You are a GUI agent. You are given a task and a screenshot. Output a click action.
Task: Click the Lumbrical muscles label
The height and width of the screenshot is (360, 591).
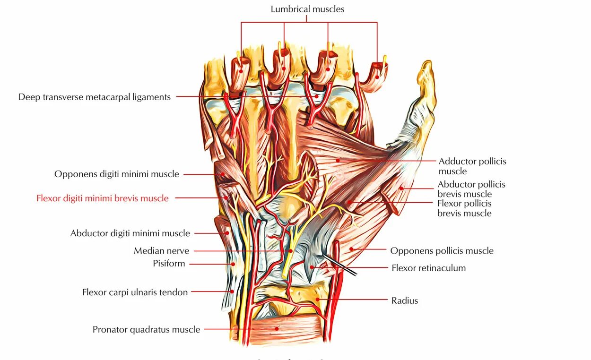coord(307,9)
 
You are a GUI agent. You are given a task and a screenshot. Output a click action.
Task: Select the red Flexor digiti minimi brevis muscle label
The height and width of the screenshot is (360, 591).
coord(102,198)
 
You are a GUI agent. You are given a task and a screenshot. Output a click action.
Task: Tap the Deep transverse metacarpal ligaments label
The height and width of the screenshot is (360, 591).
coord(94,97)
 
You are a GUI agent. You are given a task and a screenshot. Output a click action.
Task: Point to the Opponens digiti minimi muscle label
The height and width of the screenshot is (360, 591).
coord(116,174)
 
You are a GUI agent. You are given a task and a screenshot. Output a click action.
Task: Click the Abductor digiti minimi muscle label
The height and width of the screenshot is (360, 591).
coord(130,233)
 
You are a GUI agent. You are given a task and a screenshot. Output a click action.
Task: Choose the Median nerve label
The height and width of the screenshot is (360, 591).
coord(161,251)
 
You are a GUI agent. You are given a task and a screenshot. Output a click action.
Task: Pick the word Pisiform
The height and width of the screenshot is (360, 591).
coord(169,264)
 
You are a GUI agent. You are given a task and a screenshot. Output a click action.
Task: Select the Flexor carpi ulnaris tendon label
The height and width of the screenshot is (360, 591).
coord(135,292)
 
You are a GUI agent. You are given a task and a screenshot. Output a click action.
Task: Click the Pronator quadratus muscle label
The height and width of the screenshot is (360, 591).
coord(146,329)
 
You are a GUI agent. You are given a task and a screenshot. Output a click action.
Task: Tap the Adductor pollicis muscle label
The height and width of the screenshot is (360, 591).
coord(472,166)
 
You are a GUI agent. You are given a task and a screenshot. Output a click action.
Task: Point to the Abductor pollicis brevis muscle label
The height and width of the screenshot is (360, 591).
coord(471,189)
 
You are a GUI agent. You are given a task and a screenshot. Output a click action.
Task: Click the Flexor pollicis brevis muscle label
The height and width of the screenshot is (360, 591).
coord(464,208)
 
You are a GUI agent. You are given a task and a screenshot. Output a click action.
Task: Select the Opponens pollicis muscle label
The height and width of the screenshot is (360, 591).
coord(441,251)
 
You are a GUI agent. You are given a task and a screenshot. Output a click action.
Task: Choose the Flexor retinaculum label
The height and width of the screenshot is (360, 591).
coord(428,268)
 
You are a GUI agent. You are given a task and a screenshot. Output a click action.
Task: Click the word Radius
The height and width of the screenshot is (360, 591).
coord(405,300)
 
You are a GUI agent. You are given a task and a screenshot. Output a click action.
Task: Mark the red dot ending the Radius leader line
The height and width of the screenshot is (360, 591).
coord(318,300)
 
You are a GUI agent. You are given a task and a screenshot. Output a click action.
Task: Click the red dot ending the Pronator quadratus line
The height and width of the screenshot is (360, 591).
coord(278,329)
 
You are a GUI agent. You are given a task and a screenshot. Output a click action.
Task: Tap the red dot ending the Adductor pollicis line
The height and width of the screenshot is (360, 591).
coord(338,161)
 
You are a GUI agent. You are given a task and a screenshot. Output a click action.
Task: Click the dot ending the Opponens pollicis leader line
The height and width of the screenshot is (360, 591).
coord(351,249)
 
